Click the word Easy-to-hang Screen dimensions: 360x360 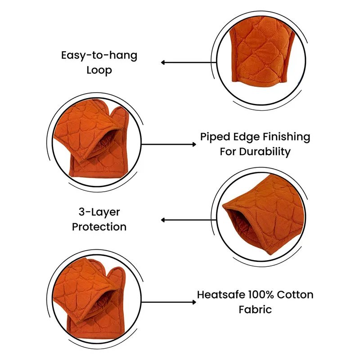pos(99,55)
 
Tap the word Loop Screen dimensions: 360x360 pos(99,70)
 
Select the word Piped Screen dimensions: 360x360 pos(215,137)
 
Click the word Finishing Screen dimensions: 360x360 pos(287,137)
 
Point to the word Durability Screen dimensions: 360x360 pos(265,152)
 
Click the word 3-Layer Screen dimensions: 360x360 pos(99,212)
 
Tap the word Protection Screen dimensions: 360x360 pos(99,227)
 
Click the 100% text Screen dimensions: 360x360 pos(261,295)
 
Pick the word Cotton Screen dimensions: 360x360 pos(295,295)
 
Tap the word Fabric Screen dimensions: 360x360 pos(255,310)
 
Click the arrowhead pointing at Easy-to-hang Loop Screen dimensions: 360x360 pos(163,63)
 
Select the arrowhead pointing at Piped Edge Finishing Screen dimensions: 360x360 pos(194,144)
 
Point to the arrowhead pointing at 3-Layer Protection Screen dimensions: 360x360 pos(163,220)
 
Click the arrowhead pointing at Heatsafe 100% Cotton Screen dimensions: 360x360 pos(194,302)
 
